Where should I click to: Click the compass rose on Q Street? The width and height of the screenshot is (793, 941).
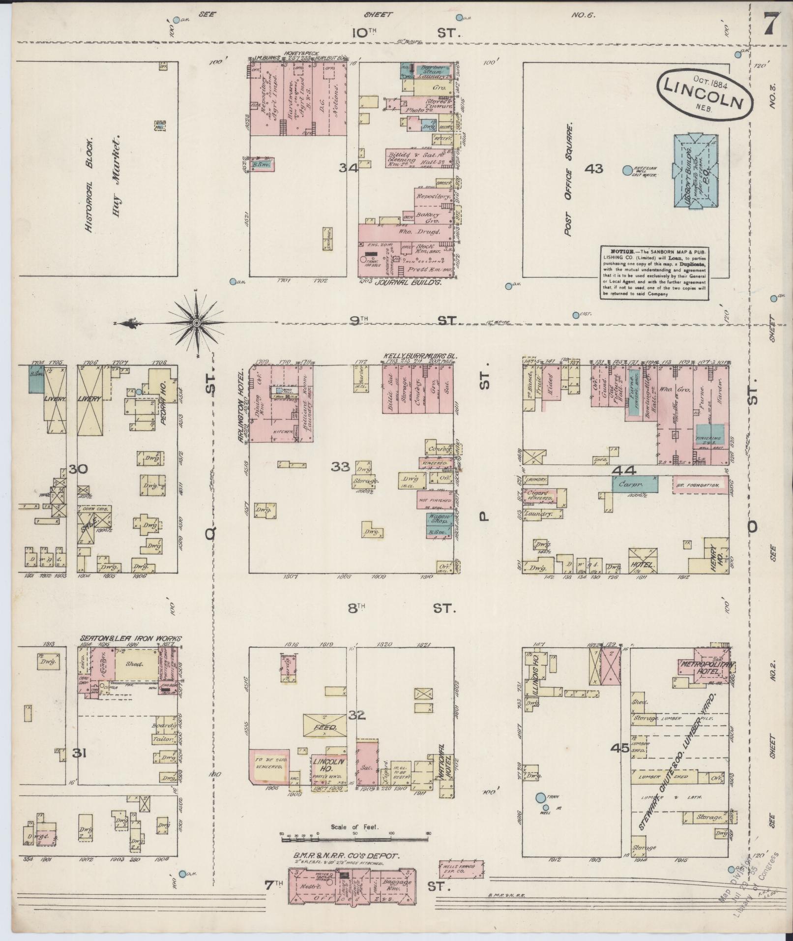(196, 323)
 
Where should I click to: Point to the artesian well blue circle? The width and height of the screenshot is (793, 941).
(627, 171)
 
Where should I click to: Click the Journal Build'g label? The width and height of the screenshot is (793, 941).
(407, 283)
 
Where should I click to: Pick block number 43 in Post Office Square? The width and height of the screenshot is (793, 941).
(593, 169)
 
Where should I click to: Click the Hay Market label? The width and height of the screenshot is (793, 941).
(117, 169)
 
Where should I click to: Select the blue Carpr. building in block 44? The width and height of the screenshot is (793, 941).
(635, 483)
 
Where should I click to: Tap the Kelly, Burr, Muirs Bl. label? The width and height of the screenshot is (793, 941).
(420, 354)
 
